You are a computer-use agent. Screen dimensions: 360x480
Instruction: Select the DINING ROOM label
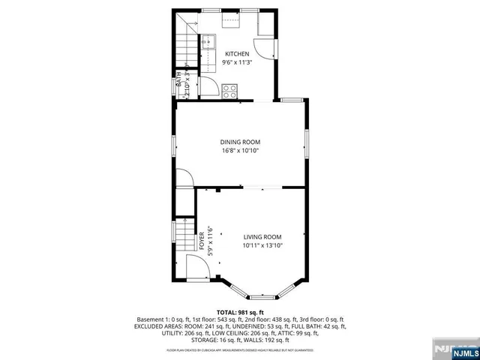240,142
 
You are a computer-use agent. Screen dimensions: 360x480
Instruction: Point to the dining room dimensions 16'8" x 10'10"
240,151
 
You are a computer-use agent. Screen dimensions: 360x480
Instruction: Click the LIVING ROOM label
262,237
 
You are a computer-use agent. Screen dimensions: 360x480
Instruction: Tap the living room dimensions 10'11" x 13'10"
262,246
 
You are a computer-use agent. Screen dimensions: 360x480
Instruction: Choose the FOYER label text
202,241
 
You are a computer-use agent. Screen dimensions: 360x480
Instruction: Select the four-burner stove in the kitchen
229,91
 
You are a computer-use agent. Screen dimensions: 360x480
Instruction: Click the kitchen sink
209,41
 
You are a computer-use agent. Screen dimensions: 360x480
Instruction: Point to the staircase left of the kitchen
184,51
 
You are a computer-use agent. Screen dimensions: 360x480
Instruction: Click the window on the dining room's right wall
306,142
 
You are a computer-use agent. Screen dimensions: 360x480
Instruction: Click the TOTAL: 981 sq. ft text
240,312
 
